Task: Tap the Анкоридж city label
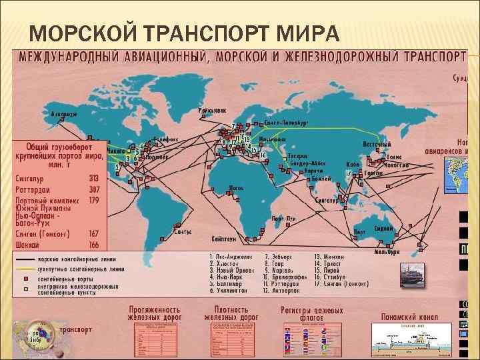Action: click(x=64, y=114)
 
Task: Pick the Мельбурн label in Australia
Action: click(x=387, y=253)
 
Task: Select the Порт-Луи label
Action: click(x=283, y=219)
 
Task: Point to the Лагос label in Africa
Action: click(x=235, y=188)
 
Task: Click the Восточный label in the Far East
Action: click(x=376, y=143)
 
